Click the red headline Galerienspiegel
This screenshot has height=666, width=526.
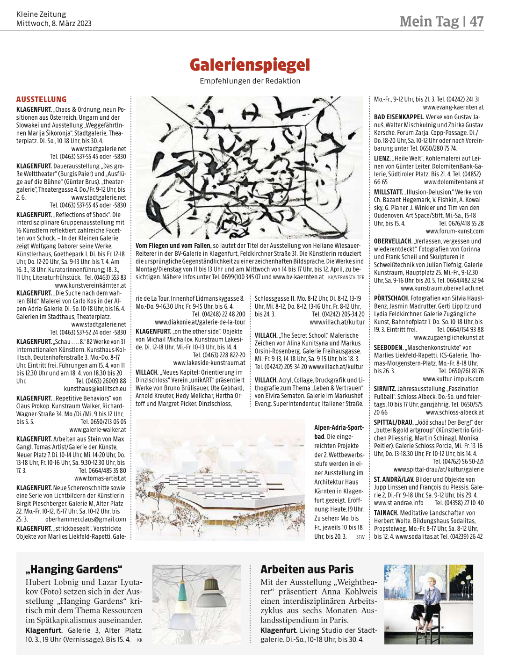(250, 65)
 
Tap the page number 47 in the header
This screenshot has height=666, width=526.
(476, 21)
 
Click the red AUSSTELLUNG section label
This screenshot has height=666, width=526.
(41, 99)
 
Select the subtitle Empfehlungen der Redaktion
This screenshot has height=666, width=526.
(250, 81)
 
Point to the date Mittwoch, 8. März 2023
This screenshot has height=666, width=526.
(54, 23)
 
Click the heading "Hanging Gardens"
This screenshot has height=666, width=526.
(73, 569)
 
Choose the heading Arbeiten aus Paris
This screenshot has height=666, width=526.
(307, 569)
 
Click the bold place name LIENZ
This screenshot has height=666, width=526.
(382, 159)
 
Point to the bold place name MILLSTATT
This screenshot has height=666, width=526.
(388, 192)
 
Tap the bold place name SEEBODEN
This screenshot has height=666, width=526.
(388, 347)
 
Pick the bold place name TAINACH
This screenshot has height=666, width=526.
(386, 513)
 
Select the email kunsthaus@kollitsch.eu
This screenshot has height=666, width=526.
(95, 389)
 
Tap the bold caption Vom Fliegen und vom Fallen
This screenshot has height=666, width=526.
(173, 246)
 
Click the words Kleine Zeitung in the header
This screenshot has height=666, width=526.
(41, 14)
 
